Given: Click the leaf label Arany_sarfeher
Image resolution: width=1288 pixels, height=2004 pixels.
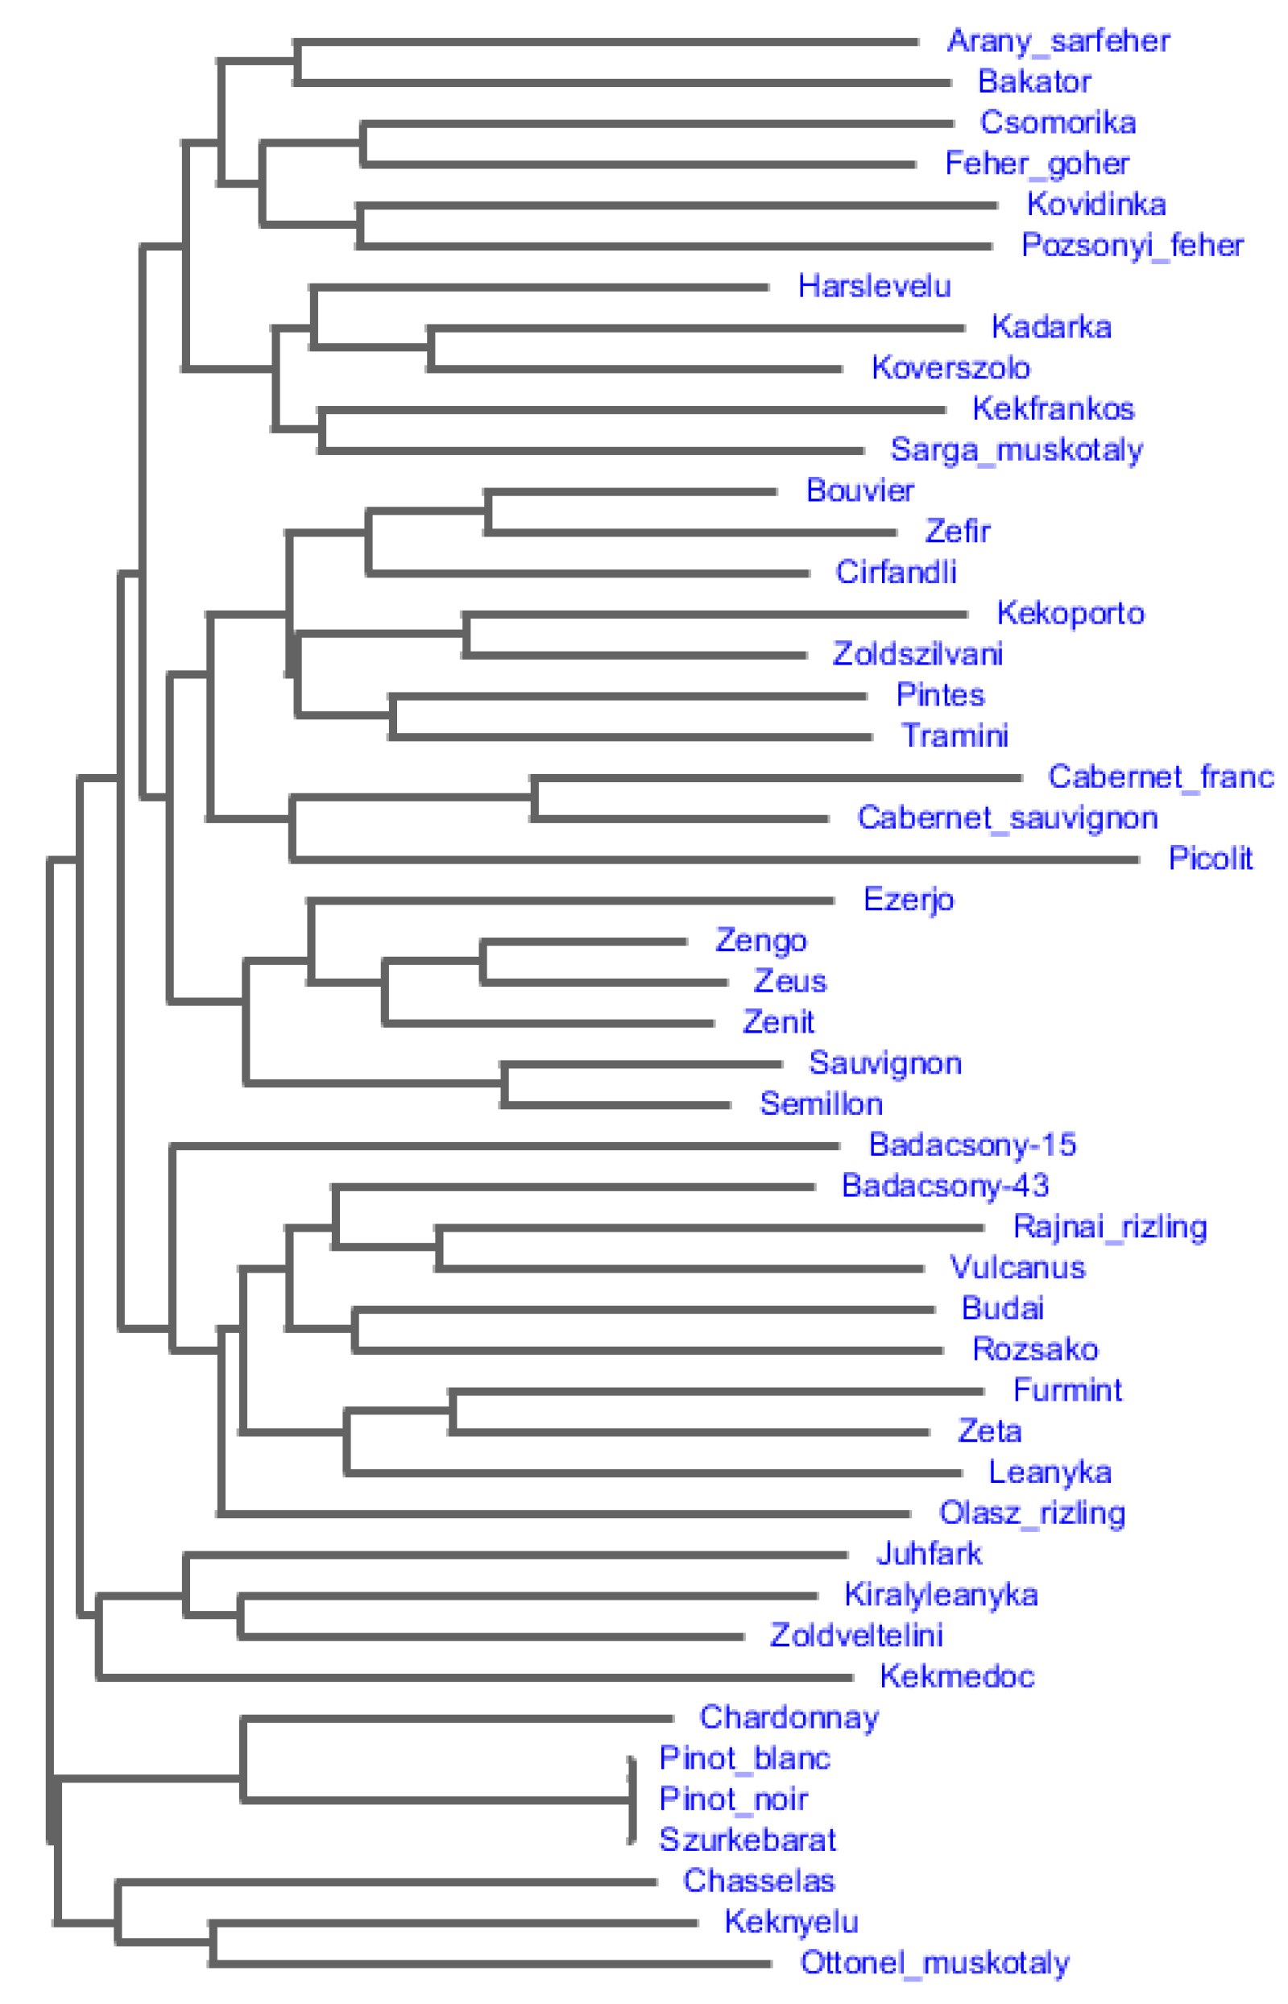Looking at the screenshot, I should pos(1058,41).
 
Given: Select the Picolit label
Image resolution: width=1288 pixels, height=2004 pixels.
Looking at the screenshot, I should pos(1210,858).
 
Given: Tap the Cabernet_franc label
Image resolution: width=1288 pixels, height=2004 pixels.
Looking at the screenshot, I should pos(1160,777).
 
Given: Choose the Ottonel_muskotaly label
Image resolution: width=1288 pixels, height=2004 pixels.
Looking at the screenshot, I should pos(934,1962).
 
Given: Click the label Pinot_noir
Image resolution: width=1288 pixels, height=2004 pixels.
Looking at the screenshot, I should pos(733,1799).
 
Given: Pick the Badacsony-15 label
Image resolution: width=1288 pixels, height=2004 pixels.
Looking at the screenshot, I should pos(972,1145).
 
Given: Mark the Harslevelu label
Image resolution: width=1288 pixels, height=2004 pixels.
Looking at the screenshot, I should pos(874,286).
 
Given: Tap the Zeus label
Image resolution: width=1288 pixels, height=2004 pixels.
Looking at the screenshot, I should pos(789,981).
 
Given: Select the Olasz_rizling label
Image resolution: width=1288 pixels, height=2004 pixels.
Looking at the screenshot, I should pos(1032,1513).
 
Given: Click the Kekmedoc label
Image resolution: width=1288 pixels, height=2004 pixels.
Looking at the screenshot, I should pos(957,1676).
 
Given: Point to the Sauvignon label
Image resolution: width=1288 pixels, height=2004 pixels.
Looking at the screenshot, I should pos(885,1063).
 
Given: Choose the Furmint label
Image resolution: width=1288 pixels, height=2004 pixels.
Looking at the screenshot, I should pos(1067,1390).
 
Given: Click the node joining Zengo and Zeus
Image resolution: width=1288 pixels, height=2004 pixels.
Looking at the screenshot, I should pos(483,962).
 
